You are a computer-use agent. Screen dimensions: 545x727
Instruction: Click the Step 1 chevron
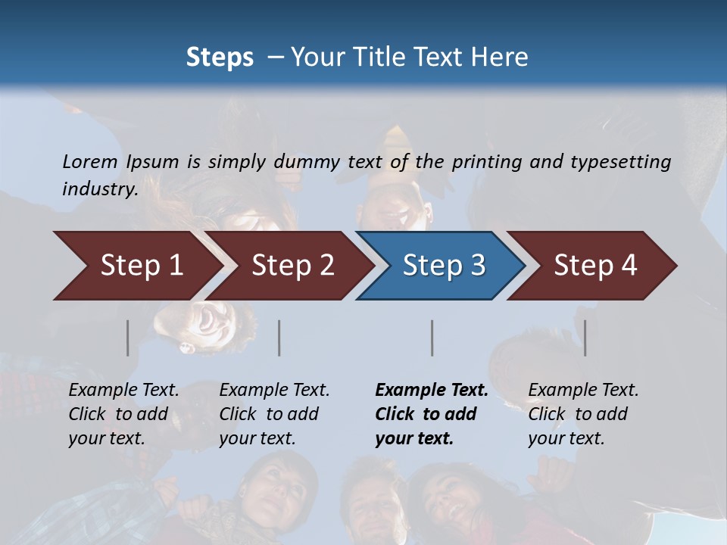tap(140, 266)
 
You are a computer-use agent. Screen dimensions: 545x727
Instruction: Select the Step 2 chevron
tap(292, 266)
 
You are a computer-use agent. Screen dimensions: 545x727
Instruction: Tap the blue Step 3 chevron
tap(443, 266)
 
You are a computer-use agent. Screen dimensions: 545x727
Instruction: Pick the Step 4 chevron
tap(594, 266)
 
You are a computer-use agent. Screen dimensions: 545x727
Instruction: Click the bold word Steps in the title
tap(220, 58)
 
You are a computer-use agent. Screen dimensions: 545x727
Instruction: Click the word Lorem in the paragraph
tap(90, 161)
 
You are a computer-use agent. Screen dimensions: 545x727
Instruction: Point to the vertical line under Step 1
tap(128, 338)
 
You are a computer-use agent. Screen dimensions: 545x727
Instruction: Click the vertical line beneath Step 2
tap(279, 338)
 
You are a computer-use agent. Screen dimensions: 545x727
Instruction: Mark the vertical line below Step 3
tap(432, 338)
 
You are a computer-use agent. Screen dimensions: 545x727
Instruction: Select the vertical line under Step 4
tap(585, 338)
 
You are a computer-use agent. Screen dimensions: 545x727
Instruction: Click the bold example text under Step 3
tap(431, 414)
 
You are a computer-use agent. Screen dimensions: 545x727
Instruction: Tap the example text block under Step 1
tap(123, 414)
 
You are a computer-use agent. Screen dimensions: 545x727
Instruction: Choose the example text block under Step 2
tap(274, 414)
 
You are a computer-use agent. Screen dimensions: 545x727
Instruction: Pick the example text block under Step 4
tap(583, 414)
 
